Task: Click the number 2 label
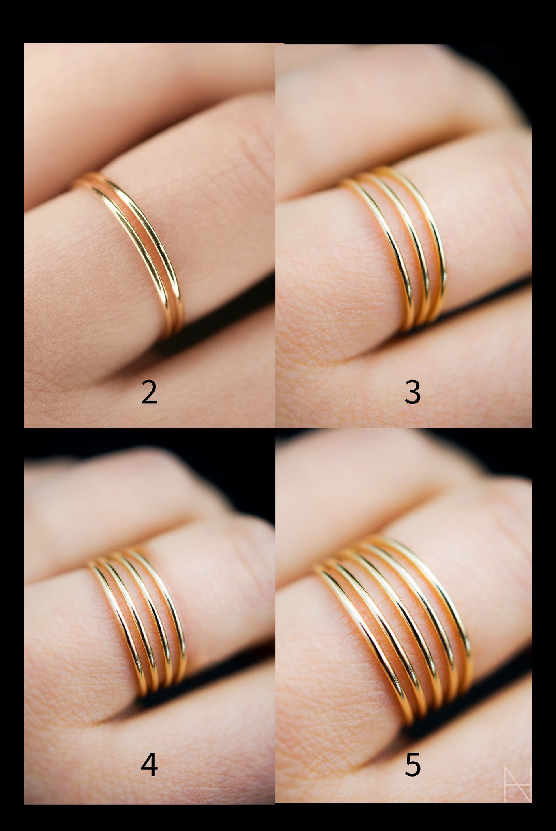149,392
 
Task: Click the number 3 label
412,392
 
